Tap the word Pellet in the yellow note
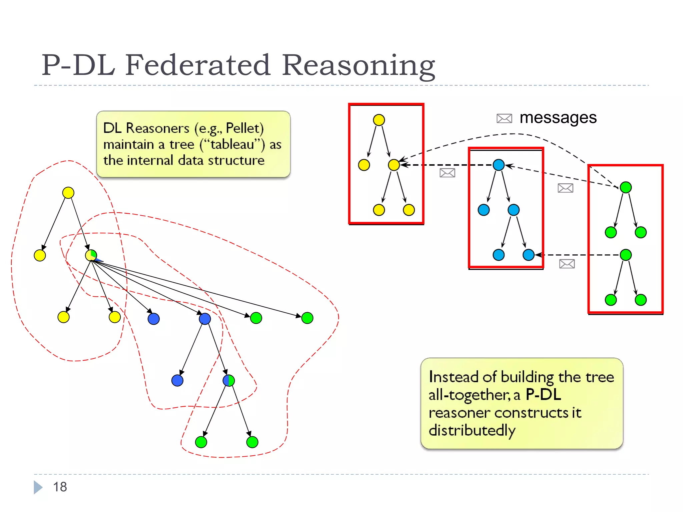coord(244,128)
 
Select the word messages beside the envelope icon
coord(558,118)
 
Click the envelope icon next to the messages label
coord(504,118)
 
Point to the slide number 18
coord(60,487)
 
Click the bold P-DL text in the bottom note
coord(543,395)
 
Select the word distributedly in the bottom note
coord(472,430)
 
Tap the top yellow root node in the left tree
coord(68,193)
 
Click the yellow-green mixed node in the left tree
coord(91,255)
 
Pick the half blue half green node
coord(229,380)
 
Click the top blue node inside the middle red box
coord(499,165)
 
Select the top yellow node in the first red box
coord(379,120)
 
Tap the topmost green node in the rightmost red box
coord(626,187)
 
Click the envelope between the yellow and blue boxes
coord(447,173)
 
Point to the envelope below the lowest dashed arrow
coord(567,264)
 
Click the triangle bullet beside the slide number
coord(38,487)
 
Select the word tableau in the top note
coord(232,144)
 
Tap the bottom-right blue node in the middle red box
coord(529,255)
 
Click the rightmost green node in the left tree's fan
coord(307,318)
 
